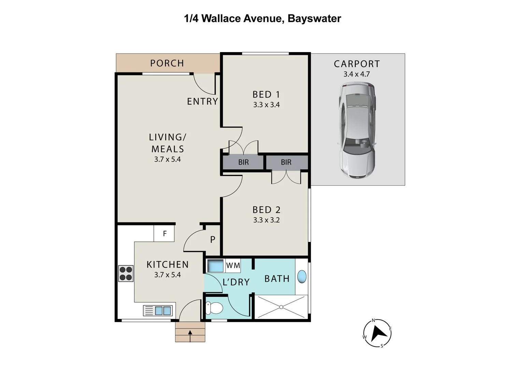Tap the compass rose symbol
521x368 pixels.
tap(377, 333)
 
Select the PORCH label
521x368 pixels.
tap(167, 63)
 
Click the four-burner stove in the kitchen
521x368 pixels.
tap(126, 273)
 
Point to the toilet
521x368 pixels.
tap(214, 308)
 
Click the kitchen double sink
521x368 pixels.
tap(163, 311)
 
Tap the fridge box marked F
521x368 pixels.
tap(164, 234)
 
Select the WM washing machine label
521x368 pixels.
tap(233, 265)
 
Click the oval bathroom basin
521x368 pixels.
tap(302, 276)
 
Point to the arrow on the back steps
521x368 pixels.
tap(190, 335)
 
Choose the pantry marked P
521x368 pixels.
tap(213, 240)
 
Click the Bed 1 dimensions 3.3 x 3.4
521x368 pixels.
tap(266, 105)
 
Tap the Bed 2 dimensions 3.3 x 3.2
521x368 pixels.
tap(266, 220)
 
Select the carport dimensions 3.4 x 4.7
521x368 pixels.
tap(357, 74)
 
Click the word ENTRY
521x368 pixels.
tap(202, 102)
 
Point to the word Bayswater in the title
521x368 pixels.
tap(314, 18)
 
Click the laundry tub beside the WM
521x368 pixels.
tap(215, 265)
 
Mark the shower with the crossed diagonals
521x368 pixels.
tap(281, 307)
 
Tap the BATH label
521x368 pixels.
tap(277, 279)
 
